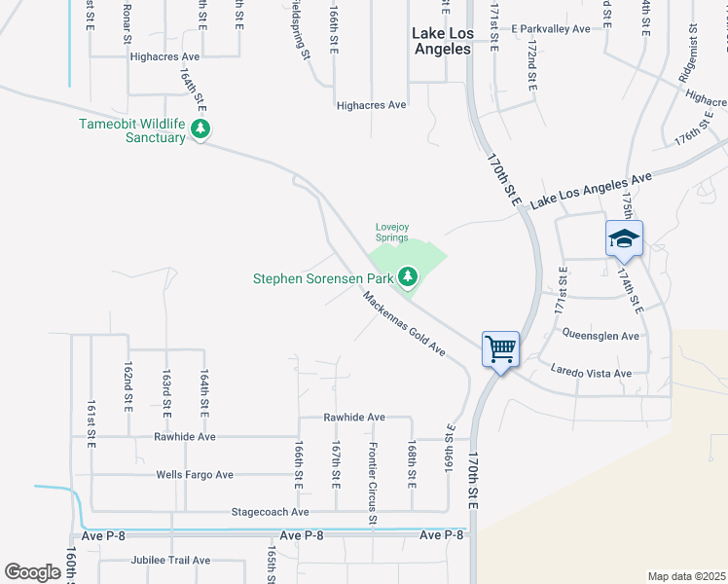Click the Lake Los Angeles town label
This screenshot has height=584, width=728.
tap(442, 41)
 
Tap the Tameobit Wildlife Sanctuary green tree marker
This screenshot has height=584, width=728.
tap(201, 128)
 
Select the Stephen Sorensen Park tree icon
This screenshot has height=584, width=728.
tap(408, 278)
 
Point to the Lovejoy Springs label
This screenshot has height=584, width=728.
tap(392, 234)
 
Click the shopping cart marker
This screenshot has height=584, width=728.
tap(500, 347)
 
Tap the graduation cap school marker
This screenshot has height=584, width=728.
tap(624, 237)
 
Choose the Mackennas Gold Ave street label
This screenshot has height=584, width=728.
tap(405, 323)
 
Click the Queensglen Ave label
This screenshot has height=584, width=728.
tap(601, 336)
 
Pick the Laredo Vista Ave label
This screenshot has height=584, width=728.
tap(591, 373)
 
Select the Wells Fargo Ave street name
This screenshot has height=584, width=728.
tap(195, 475)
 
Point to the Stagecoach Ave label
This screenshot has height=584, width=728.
tap(270, 512)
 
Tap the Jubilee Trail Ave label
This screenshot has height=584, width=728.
tap(170, 561)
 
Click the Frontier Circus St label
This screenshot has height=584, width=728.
tap(373, 483)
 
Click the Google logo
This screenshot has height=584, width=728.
tap(32, 572)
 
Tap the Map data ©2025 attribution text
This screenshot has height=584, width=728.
tap(686, 576)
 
